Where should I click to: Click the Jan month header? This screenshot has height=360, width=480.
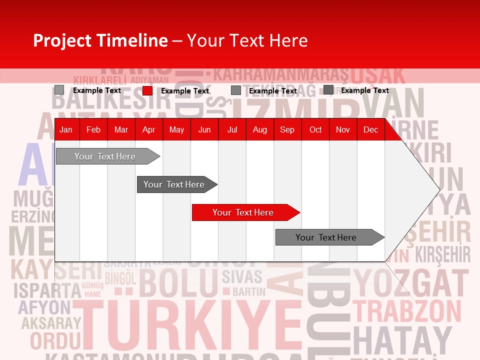(x=66, y=130)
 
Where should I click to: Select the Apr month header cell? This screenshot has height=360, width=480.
(x=148, y=130)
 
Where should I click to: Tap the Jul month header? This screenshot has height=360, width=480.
(x=232, y=130)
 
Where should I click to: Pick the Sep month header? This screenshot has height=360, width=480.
(x=287, y=130)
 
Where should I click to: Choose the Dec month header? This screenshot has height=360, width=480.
(x=370, y=130)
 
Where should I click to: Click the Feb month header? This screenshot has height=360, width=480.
(x=93, y=130)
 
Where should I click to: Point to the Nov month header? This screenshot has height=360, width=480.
(x=342, y=130)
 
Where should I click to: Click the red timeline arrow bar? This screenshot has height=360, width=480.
(x=245, y=212)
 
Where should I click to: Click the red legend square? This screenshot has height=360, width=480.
(x=147, y=90)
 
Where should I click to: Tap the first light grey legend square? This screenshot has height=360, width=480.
(x=59, y=90)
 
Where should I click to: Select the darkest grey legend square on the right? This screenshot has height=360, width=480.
(x=328, y=90)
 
